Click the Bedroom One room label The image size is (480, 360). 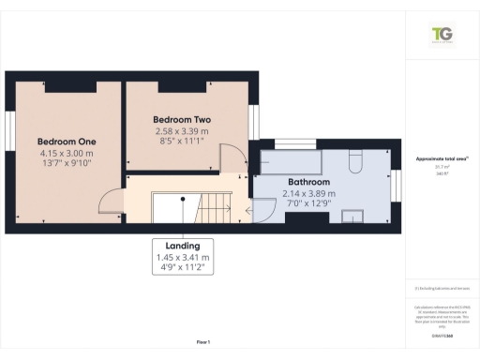[x=67, y=141]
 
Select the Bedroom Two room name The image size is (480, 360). [x=182, y=120]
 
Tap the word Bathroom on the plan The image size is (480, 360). [x=308, y=182]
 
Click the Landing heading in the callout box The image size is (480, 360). [x=182, y=245]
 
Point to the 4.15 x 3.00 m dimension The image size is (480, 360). [x=67, y=153]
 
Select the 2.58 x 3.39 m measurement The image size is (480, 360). [x=182, y=132]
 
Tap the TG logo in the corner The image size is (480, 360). [x=441, y=36]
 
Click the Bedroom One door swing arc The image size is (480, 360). [x=112, y=200]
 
